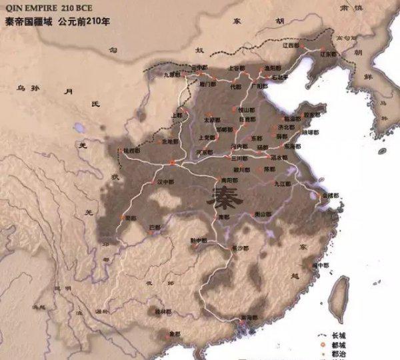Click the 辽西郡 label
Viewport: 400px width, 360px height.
(291, 45)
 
